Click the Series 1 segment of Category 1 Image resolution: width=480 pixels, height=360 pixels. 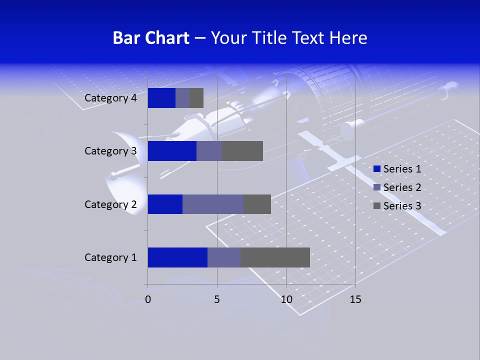[177, 257]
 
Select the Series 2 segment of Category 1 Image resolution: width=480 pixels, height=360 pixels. [224, 257]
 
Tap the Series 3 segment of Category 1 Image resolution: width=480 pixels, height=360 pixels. [275, 257]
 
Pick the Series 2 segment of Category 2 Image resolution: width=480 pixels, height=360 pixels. [213, 204]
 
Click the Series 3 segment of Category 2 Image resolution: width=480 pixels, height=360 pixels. [257, 204]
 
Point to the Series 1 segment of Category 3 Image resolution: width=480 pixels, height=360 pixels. [172, 151]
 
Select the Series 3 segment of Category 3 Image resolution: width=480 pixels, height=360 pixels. [242, 151]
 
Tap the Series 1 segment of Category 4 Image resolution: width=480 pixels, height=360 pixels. [161, 98]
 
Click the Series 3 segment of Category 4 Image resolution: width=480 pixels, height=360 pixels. [196, 98]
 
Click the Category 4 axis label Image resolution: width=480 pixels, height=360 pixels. [110, 98]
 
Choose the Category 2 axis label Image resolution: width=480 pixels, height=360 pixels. [110, 204]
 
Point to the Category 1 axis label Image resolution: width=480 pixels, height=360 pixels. [110, 257]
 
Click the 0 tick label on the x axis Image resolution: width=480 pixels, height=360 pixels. [148, 299]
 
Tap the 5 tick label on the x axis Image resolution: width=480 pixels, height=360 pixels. [217, 299]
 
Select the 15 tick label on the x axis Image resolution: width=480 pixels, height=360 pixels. [355, 299]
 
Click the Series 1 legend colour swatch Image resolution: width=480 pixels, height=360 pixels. [376, 169]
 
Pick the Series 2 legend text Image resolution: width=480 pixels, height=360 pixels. [402, 187]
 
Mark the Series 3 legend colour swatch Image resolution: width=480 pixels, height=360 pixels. [376, 206]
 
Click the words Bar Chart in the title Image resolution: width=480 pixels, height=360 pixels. [151, 38]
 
